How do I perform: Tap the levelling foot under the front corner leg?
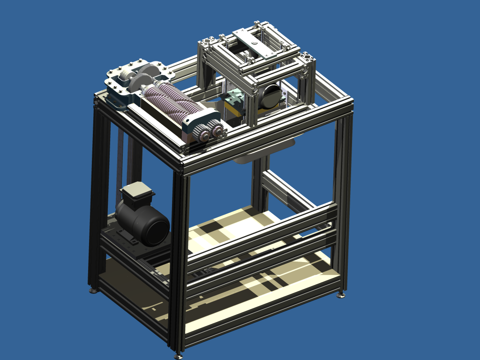(178, 356)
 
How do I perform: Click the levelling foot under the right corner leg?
(341, 295)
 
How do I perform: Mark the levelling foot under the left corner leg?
(93, 291)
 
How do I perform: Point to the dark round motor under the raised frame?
(271, 97)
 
